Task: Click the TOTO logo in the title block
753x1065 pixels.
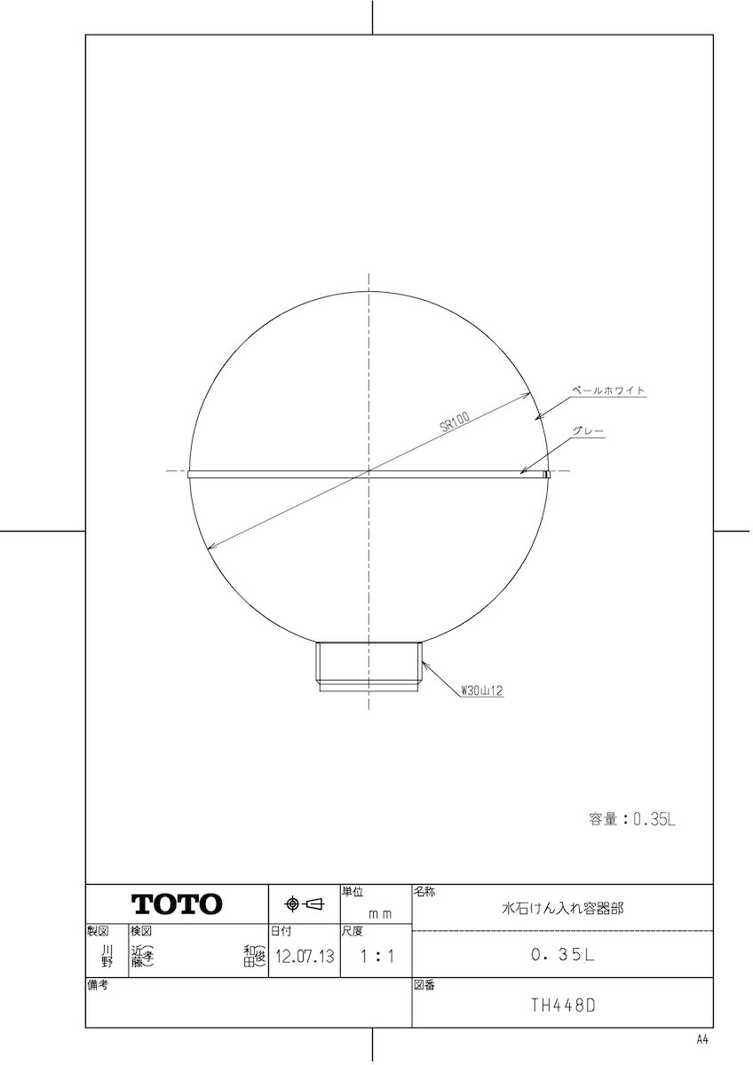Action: click(177, 903)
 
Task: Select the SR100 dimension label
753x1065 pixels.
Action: click(455, 422)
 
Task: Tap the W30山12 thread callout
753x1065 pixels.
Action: click(482, 690)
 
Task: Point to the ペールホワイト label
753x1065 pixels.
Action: click(608, 390)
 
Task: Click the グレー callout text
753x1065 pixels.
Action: click(589, 431)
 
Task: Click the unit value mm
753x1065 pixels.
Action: click(380, 914)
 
